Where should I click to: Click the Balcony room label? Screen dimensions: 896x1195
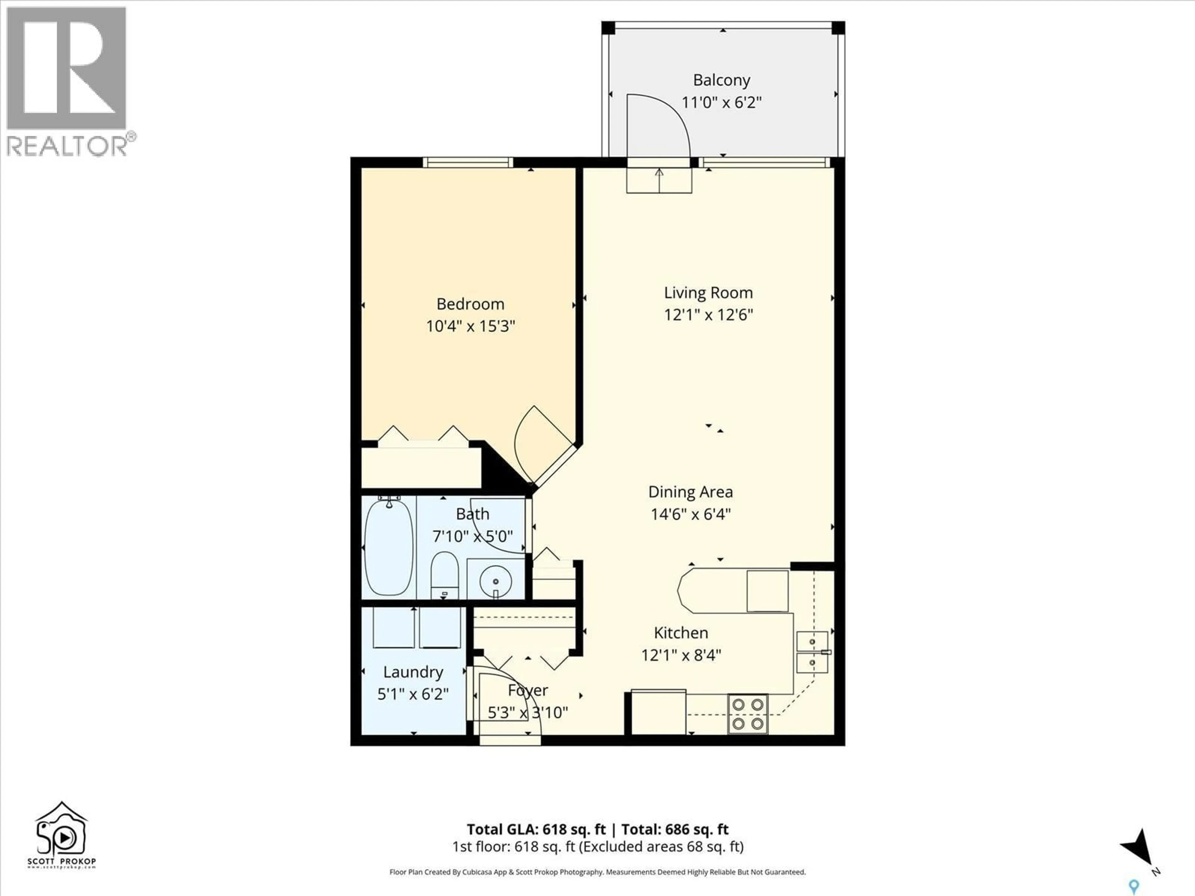pyautogui.click(x=721, y=81)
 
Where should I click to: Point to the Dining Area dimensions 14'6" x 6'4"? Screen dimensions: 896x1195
pyautogui.click(x=691, y=514)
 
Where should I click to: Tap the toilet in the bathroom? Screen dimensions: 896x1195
pyautogui.click(x=445, y=574)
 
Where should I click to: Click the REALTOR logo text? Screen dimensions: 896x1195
pyautogui.click(x=67, y=146)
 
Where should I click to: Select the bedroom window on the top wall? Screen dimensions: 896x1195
pyautogui.click(x=467, y=162)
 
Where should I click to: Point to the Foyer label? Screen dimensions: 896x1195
pyautogui.click(x=528, y=691)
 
